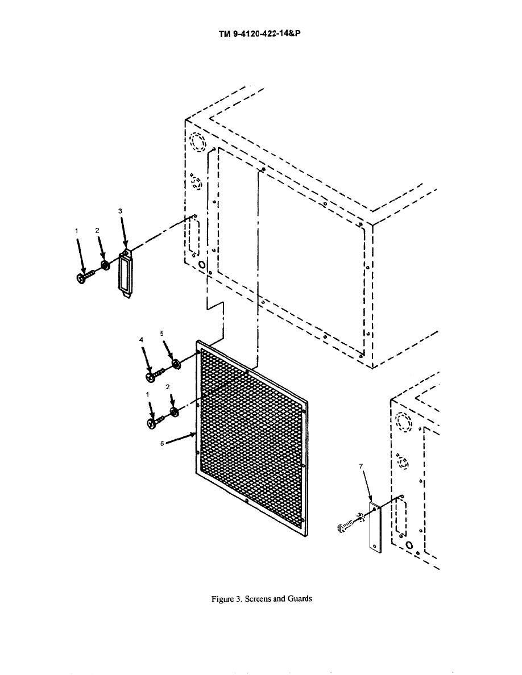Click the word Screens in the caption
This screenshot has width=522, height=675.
(257, 598)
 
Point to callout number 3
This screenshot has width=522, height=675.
(121, 211)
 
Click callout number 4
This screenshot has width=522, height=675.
(141, 340)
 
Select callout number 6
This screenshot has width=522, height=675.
(162, 443)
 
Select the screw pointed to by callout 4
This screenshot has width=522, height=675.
(155, 374)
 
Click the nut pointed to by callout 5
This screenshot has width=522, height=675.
(176, 365)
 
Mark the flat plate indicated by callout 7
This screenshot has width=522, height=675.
(375, 527)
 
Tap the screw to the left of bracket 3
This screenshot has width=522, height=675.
(86, 276)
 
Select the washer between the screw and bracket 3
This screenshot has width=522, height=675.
(104, 265)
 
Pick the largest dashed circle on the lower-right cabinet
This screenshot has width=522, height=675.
(404, 422)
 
